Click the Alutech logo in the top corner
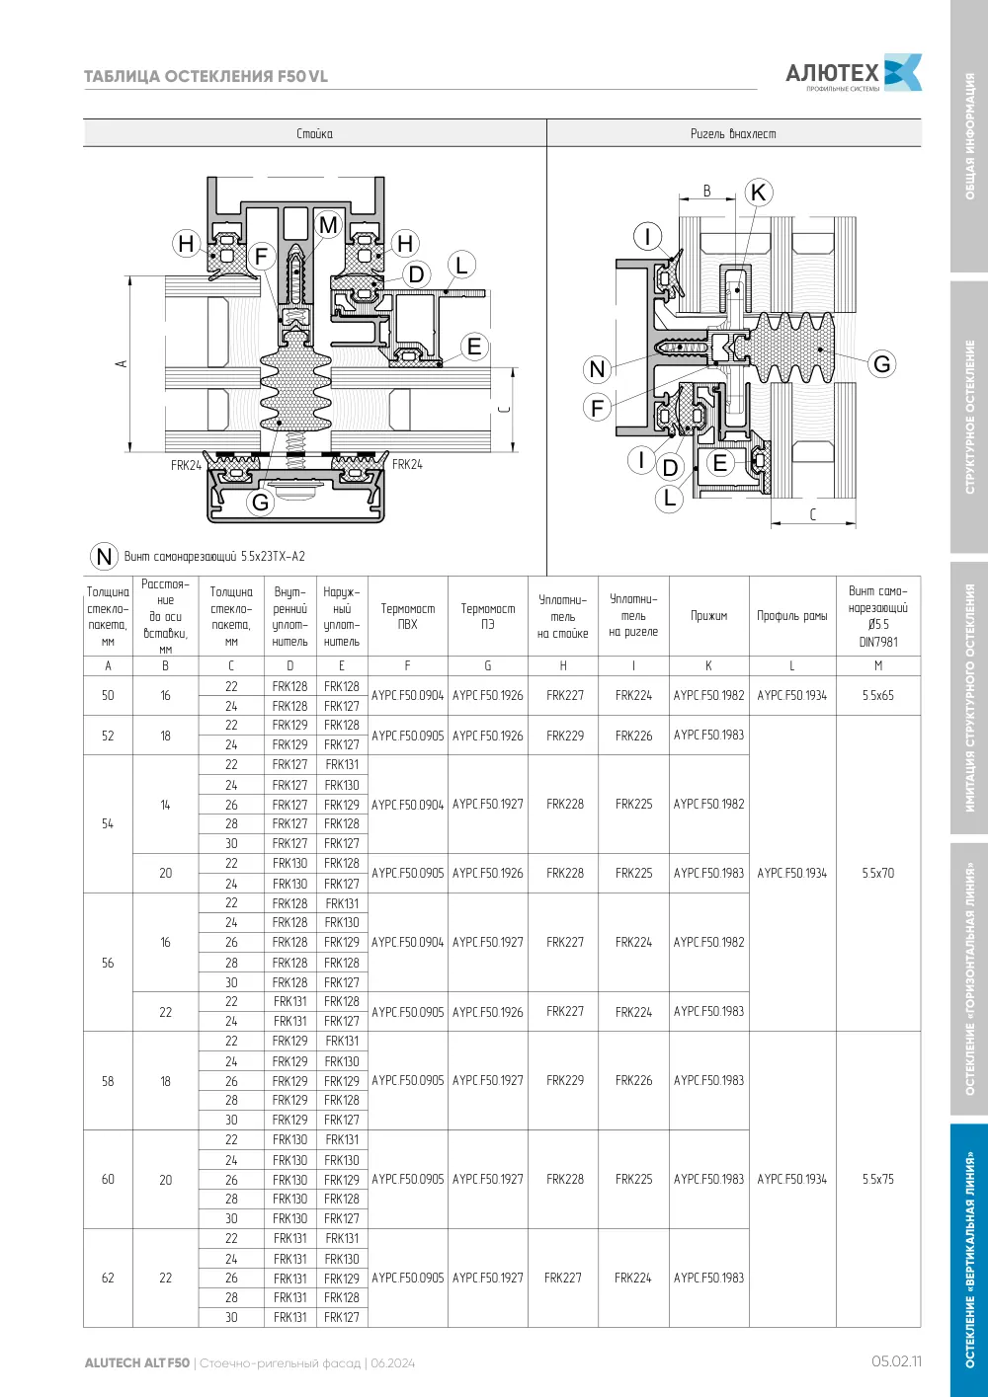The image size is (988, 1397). pos(854,73)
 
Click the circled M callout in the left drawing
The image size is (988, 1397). pos(328,224)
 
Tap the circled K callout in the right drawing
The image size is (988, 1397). pos(759,193)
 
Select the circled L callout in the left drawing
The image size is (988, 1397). pos(461,265)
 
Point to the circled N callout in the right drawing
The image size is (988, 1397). pos(597,368)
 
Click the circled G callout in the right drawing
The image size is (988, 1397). pos(881,363)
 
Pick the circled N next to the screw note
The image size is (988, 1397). pos(104,556)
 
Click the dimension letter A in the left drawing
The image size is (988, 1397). pos(122,363)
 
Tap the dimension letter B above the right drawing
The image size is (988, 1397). pos(706,191)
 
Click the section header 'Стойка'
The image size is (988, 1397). pos(314,133)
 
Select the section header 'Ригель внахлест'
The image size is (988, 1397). pos(733,133)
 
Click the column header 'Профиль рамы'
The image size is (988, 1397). pos(792,615)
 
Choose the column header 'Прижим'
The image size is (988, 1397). pos(709,615)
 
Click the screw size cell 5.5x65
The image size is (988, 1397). pos(878,695)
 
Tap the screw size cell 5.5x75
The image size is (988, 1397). pos(878,1179)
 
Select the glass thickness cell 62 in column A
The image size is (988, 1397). pos(108,1278)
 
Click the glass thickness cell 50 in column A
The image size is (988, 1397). pos(108,695)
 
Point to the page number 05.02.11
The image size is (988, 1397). pos(896,1361)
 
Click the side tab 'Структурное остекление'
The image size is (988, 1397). pos(969,417)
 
